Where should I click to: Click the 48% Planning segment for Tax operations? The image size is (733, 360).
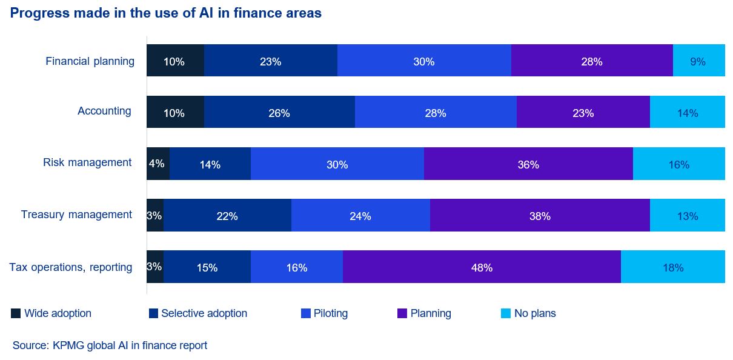coord(482,267)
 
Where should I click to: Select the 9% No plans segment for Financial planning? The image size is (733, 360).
coord(698,61)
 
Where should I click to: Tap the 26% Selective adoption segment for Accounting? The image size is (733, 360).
coord(279,112)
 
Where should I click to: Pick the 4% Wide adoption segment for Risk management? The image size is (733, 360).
coord(158,164)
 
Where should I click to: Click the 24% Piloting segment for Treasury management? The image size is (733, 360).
coord(360,215)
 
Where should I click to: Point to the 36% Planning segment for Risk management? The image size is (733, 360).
coord(528,164)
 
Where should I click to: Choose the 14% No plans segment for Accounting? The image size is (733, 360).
coord(688,112)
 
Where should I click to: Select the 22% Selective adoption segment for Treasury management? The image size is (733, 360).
coord(227,215)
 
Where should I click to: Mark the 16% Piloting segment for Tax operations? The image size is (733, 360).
coord(297,267)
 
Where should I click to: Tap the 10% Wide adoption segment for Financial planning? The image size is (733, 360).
coord(175,61)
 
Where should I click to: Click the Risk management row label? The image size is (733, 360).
coord(87,162)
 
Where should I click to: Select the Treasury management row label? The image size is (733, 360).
coord(76,215)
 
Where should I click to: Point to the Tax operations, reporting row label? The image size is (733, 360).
coord(71,267)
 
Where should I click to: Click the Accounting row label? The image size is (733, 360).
coord(104,111)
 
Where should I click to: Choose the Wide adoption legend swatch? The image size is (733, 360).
coord(16,313)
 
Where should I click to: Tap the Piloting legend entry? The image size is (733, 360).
coord(331,313)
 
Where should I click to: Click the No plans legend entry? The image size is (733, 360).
coord(535,313)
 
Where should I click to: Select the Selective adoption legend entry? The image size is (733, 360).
coord(204,313)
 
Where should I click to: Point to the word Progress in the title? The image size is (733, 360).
coord(36,13)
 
